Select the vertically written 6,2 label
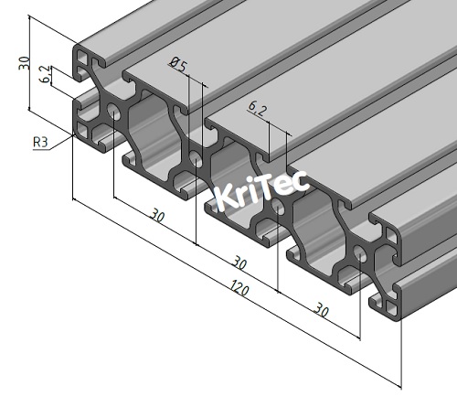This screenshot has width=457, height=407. point(46,75)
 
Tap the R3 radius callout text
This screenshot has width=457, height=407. point(40,142)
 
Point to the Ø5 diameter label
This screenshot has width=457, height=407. point(178,64)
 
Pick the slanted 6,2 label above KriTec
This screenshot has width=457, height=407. point(258,111)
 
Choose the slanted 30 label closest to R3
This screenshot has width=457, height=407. point(157,217)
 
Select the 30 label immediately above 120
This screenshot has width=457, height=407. point(240,260)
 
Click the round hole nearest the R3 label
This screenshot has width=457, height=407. point(113,112)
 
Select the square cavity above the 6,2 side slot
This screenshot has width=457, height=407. point(84,65)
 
